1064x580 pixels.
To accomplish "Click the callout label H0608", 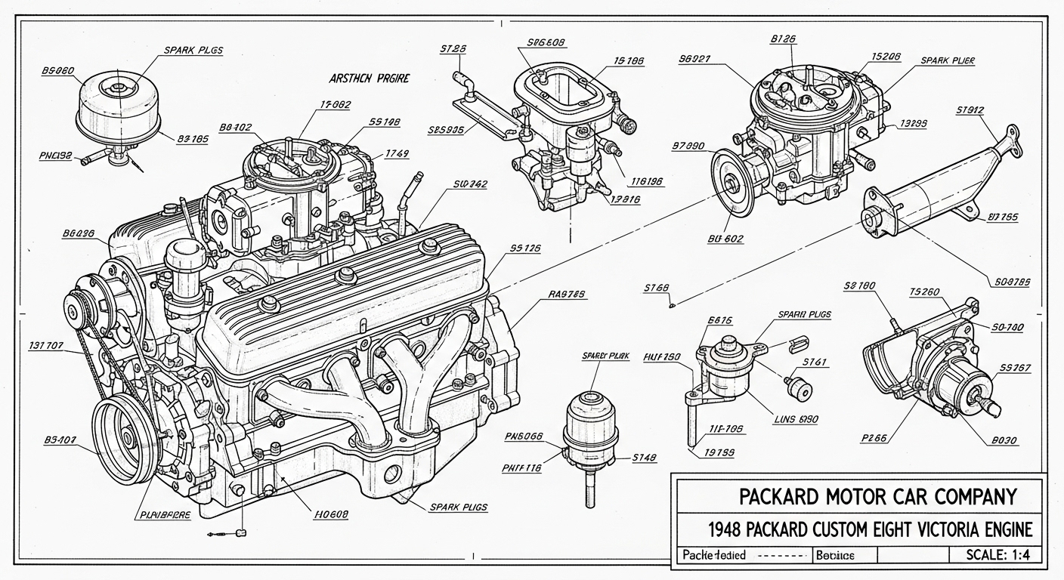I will pyautogui.click(x=330, y=514).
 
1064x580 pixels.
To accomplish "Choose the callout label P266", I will pyautogui.click(x=873, y=437).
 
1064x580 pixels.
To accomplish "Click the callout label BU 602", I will pyautogui.click(x=725, y=239).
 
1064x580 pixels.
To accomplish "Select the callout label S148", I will pyautogui.click(x=644, y=457).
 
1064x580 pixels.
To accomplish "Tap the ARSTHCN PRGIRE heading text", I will pyautogui.click(x=369, y=78).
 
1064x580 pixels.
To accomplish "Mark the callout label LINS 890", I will pyautogui.click(x=796, y=419).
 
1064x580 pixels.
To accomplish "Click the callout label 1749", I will pyautogui.click(x=396, y=153).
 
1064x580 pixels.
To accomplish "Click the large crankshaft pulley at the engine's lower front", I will pyautogui.click(x=125, y=438).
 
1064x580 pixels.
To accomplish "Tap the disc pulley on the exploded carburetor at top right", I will pyautogui.click(x=731, y=181).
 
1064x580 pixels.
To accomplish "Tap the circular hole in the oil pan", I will pyautogui.click(x=393, y=474).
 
